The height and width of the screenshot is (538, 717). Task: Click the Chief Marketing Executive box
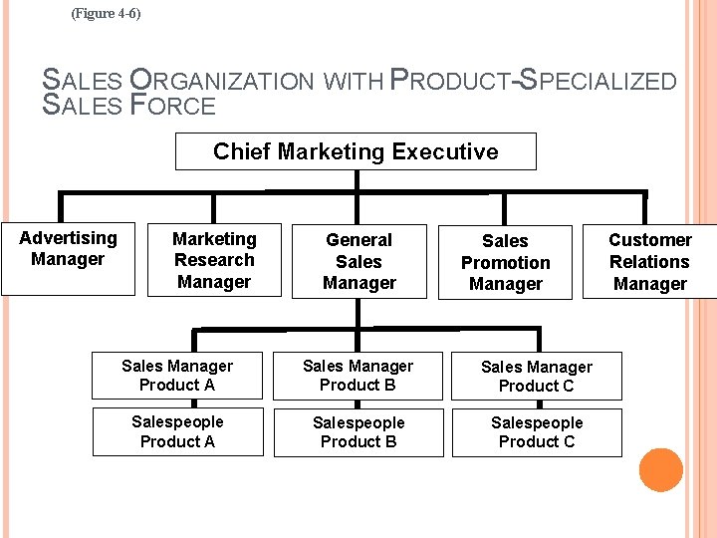[356, 151]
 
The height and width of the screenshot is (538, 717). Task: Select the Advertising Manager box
[68, 258]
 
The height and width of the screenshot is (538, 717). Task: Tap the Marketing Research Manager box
[214, 260]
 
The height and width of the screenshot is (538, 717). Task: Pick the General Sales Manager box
[358, 261]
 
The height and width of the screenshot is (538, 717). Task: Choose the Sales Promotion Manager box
[505, 262]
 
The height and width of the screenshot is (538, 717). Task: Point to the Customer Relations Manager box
[649, 261]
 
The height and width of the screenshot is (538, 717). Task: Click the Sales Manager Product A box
[177, 376]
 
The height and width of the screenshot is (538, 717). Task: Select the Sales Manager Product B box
[358, 376]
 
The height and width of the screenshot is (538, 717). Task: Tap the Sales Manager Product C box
[537, 376]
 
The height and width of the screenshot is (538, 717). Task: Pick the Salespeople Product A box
[177, 431]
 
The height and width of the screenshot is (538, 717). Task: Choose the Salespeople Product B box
[358, 432]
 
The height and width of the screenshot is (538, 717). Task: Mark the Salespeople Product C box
[537, 432]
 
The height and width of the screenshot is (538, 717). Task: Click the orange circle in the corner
[660, 470]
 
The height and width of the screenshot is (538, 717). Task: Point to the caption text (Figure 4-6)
[107, 14]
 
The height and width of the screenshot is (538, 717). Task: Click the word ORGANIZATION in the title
[222, 82]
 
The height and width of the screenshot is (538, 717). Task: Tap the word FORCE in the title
[173, 106]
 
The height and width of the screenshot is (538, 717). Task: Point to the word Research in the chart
[214, 260]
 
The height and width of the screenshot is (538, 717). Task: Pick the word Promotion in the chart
[505, 263]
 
